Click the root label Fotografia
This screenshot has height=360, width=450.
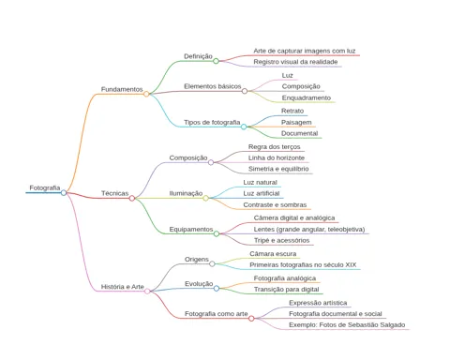tap(45, 187)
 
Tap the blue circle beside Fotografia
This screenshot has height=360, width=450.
tap(64, 193)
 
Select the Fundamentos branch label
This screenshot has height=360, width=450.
tap(122, 89)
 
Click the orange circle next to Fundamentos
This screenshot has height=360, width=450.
tap(146, 94)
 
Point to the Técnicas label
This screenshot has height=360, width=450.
tap(114, 193)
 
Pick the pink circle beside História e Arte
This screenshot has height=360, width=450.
tap(147, 292)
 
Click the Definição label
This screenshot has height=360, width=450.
tap(198, 56)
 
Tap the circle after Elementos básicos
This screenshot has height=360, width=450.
tap(245, 91)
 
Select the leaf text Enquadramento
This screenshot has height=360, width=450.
tap(307, 97)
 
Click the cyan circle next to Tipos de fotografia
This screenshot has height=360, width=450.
tap(244, 127)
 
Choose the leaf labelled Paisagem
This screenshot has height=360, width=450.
tap(296, 123)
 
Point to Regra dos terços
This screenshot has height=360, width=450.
tap(275, 147)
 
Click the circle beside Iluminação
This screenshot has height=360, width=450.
tap(205, 198)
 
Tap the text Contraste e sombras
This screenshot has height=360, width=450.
tap(275, 205)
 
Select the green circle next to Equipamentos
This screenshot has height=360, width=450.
tap(217, 233)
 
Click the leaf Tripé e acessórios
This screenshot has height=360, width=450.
tap(281, 240)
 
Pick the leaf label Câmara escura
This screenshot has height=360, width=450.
tap(273, 254)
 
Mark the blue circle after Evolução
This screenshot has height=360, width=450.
tap(217, 288)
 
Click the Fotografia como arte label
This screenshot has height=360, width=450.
tap(217, 314)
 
